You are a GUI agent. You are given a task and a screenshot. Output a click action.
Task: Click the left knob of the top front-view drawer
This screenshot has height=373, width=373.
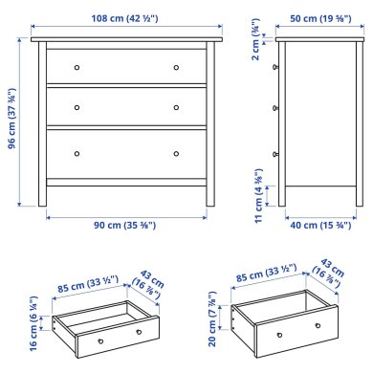click(78, 67)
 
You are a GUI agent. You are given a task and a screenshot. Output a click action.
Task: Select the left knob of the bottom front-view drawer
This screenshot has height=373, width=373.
click(78, 153)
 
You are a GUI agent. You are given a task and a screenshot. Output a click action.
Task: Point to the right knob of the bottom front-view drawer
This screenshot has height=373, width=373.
click(177, 153)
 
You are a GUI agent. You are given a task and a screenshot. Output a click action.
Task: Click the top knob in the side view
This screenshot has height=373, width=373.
click(276, 67)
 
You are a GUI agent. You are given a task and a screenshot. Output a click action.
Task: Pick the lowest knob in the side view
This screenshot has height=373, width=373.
click(276, 153)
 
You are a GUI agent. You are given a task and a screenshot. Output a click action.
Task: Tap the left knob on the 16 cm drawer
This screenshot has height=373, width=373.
click(97, 340)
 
